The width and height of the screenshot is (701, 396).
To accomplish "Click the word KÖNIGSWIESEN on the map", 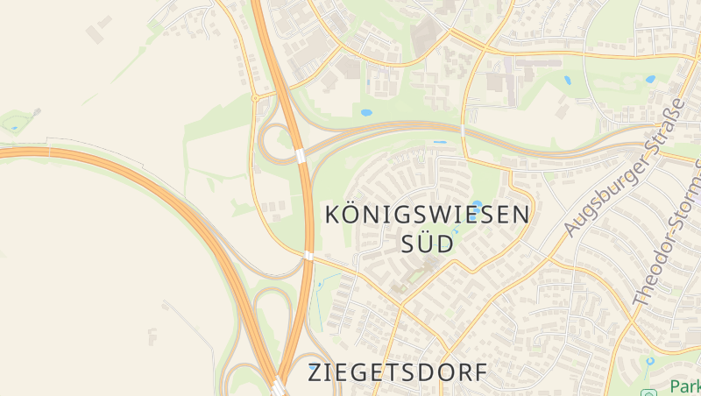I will (428, 215).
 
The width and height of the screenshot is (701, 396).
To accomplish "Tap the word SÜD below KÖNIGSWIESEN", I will (428, 244).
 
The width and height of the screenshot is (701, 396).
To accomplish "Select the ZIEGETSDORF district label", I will (397, 372).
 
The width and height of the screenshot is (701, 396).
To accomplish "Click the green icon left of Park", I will (649, 392).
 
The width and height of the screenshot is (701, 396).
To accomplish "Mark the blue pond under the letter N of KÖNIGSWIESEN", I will (477, 204).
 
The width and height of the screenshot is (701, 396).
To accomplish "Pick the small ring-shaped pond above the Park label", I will (649, 360).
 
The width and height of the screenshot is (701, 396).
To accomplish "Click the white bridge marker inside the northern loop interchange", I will (300, 155).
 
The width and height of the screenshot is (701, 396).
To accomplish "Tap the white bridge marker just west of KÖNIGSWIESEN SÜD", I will (308, 256).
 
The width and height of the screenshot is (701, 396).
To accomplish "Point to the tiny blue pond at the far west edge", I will (14, 128).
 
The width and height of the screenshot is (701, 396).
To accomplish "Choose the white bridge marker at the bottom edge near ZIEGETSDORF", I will (278, 386).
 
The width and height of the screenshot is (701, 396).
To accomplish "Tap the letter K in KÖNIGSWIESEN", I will (333, 215).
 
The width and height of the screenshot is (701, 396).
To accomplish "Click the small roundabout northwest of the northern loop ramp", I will (254, 98).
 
